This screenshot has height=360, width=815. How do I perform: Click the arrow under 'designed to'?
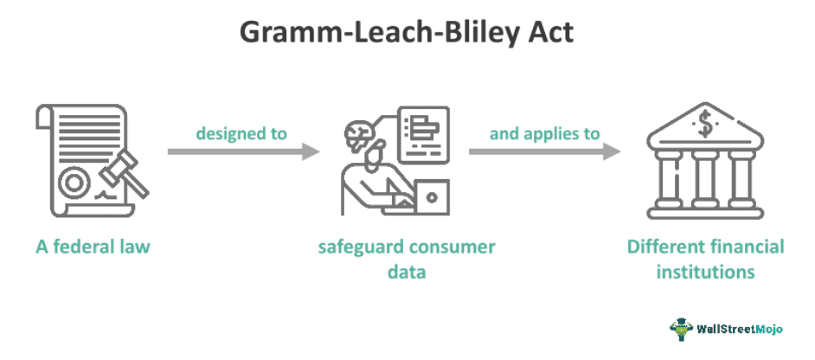tap(243, 151)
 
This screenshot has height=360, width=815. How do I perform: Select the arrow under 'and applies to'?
tap(544, 151)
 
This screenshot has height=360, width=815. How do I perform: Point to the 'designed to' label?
tap(241, 133)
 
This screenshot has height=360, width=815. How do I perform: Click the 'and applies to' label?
tap(544, 133)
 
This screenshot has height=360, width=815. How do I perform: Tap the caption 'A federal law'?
tap(93, 247)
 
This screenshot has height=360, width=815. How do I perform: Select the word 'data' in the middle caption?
tap(407, 271)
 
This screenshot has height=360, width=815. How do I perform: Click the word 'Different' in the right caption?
tap(662, 247)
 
